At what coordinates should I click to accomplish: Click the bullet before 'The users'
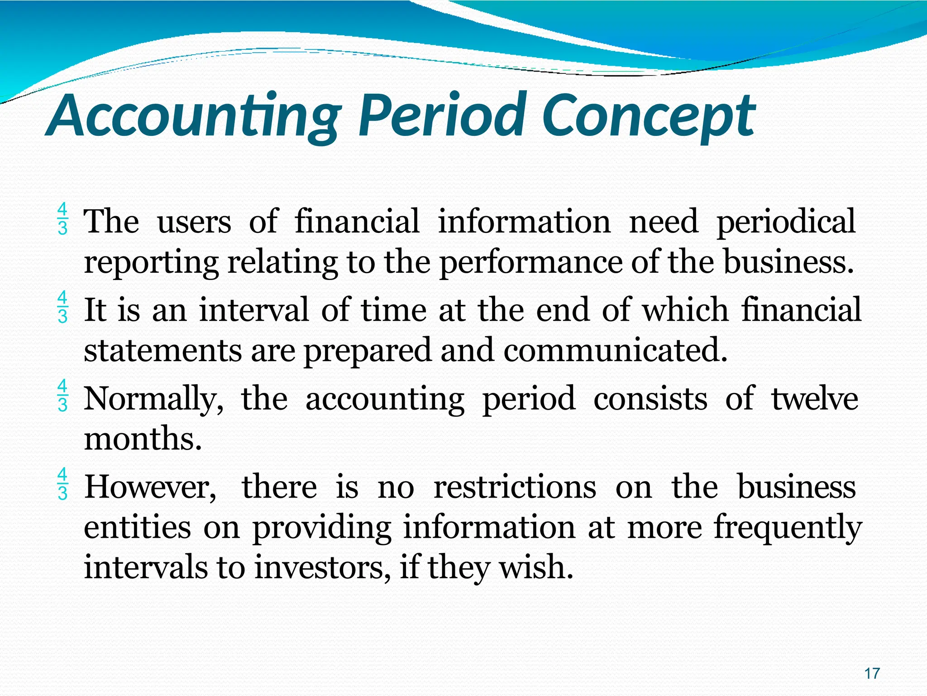[x=62, y=219]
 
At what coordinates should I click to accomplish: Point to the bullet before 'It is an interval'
[x=62, y=308]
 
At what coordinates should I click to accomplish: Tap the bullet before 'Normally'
[x=62, y=396]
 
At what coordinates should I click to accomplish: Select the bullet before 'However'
[x=62, y=484]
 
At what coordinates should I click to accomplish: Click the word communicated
[x=615, y=350]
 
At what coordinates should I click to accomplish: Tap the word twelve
[x=814, y=398]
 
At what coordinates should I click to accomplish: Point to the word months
[x=143, y=439]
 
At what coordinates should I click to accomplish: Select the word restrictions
[x=515, y=487]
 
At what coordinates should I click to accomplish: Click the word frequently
[x=788, y=528]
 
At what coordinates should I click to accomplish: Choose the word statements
[x=163, y=350]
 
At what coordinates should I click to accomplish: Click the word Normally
[x=154, y=399]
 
